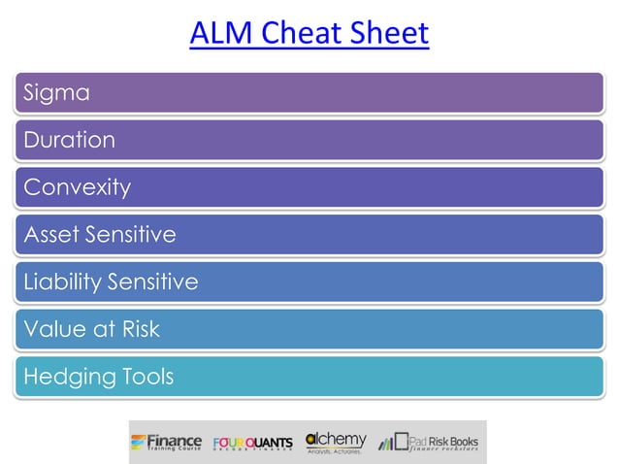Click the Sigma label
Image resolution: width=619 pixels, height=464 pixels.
tap(56, 93)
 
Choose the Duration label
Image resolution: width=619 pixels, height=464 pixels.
tap(69, 140)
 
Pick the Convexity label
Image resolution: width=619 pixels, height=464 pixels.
tap(77, 187)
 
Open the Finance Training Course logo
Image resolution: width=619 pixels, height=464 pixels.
tap(167, 443)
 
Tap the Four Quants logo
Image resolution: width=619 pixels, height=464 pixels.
tap(251, 444)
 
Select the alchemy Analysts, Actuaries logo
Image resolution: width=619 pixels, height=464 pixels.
tap(336, 443)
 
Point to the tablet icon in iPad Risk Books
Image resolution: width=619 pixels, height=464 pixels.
tap(400, 443)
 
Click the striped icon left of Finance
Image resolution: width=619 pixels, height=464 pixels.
tap(139, 443)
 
